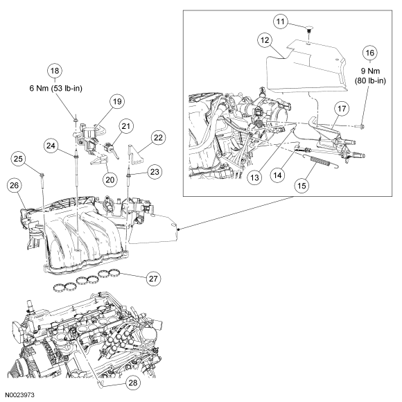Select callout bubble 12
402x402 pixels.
(265, 41)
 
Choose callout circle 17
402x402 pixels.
(341, 108)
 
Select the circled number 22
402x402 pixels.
(159, 138)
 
